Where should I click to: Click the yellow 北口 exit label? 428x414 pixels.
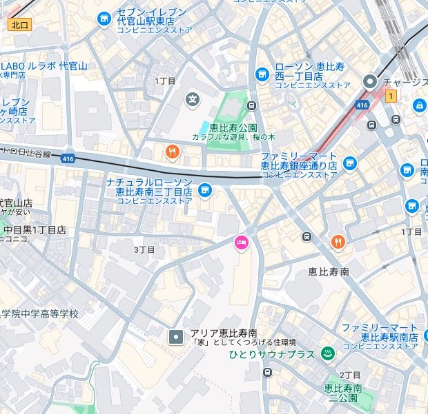point(19,25)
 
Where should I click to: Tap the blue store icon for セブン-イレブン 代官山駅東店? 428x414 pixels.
point(104,19)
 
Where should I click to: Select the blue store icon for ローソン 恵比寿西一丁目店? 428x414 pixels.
point(262,74)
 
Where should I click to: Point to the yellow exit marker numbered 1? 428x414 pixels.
point(391,96)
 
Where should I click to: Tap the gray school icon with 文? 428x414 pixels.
point(192,101)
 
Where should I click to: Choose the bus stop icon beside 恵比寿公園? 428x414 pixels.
point(252,106)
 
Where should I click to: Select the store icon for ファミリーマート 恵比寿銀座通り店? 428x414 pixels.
point(350,163)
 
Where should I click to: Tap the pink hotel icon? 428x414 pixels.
point(242,242)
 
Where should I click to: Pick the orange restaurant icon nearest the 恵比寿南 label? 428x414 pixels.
point(337,241)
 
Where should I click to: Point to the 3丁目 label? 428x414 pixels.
point(144,249)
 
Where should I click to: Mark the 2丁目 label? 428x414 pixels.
point(351,375)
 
